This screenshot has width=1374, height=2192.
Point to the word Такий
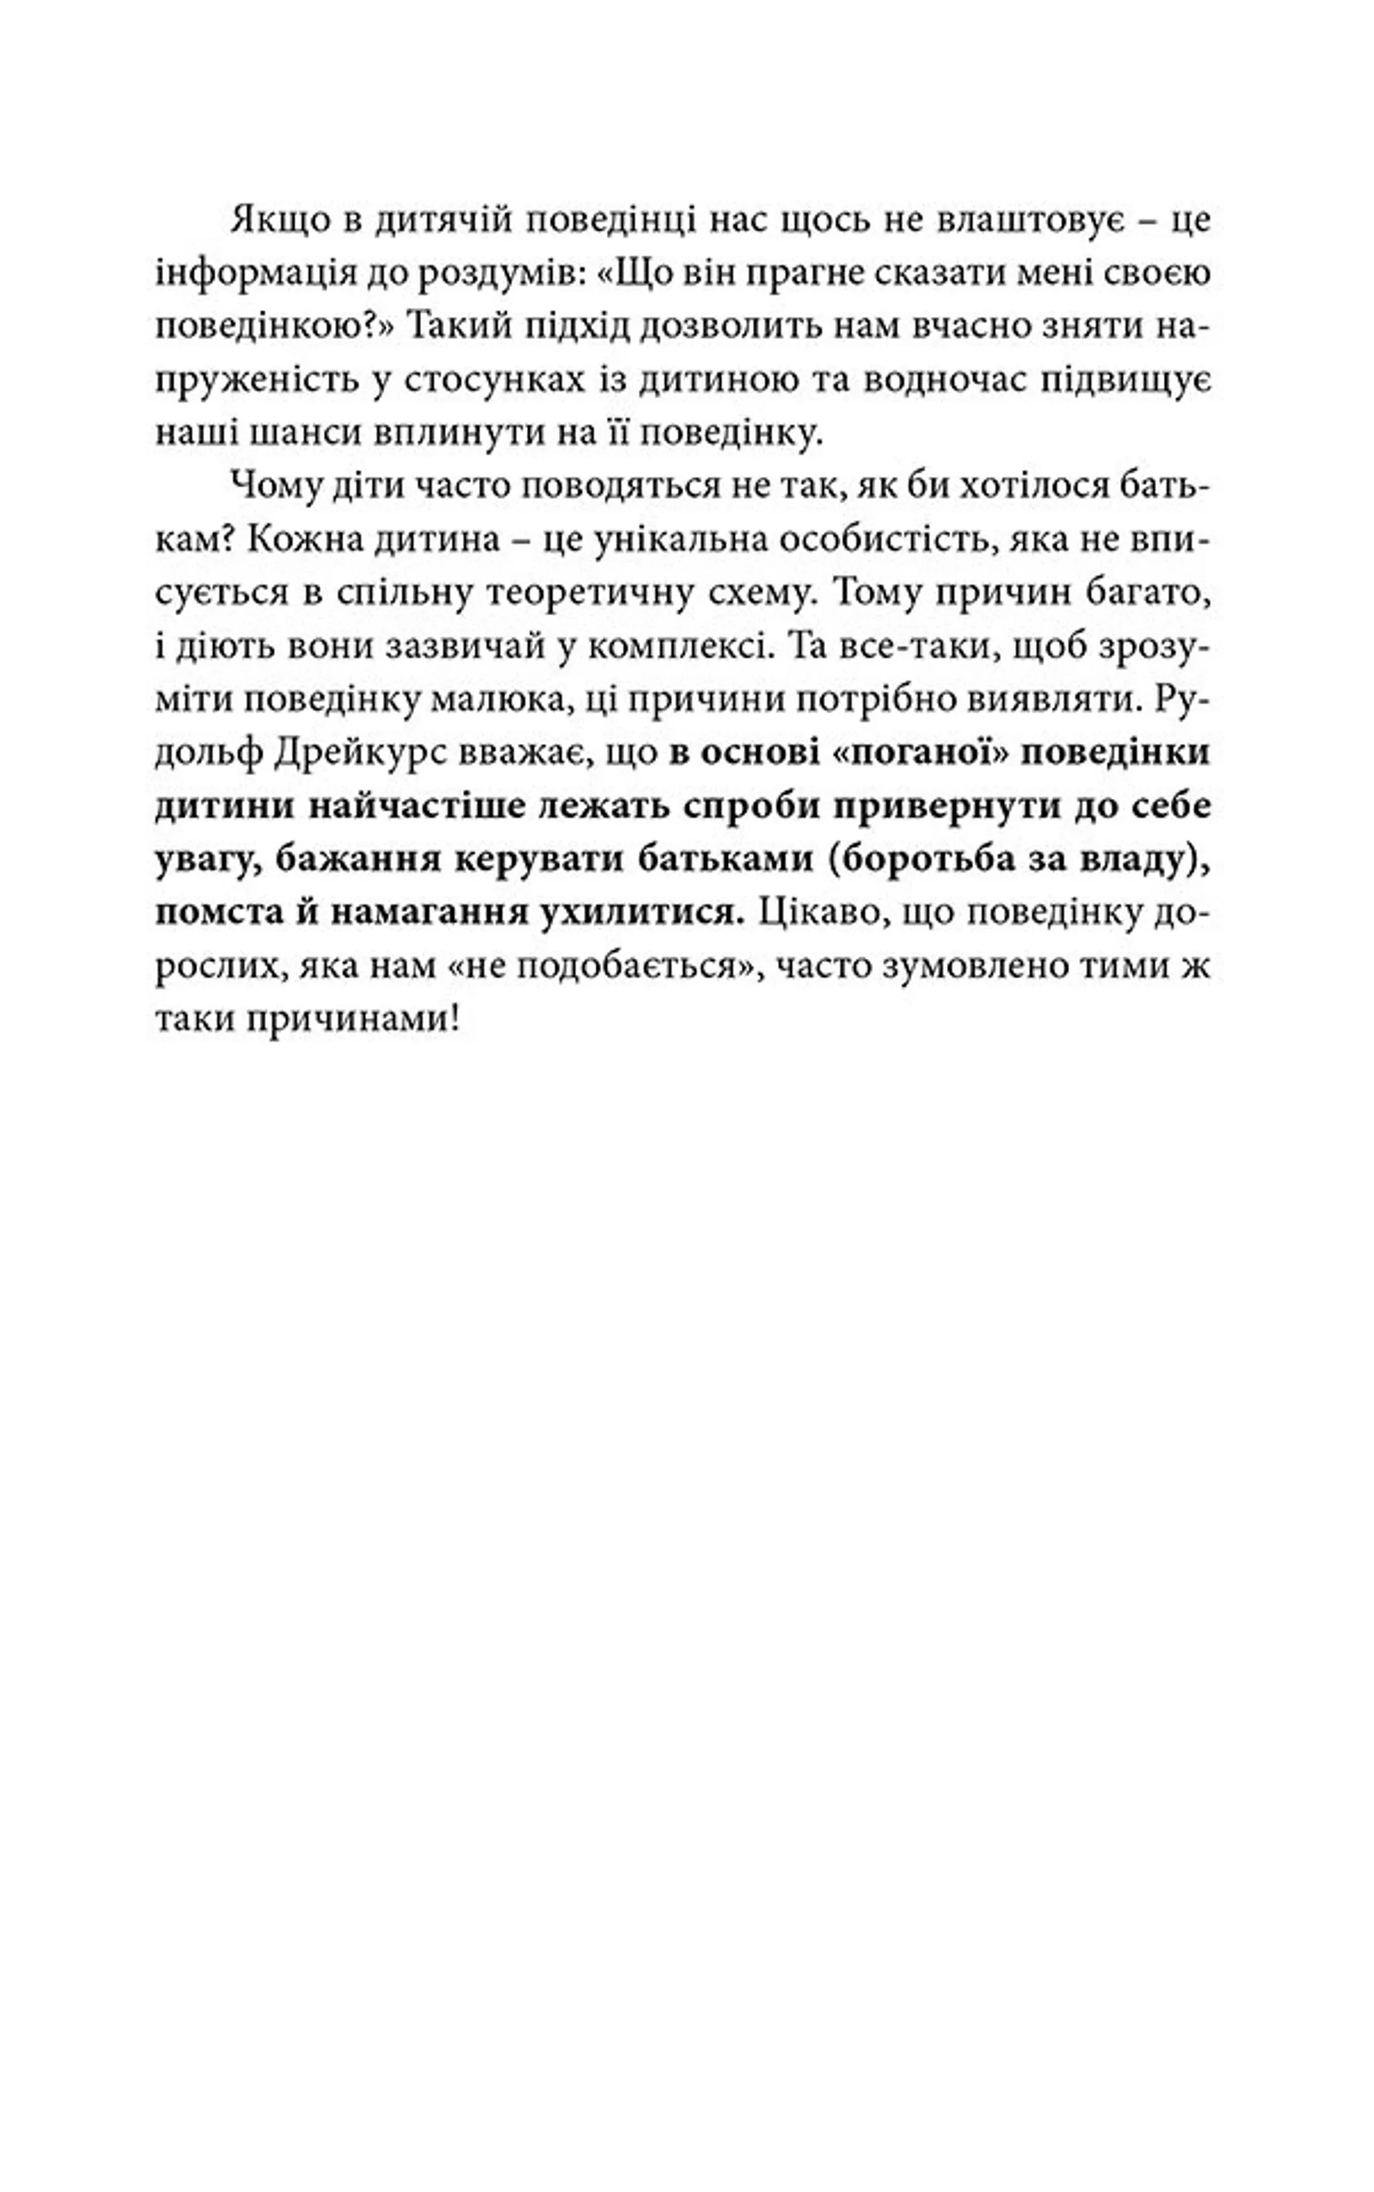tap(451, 327)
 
